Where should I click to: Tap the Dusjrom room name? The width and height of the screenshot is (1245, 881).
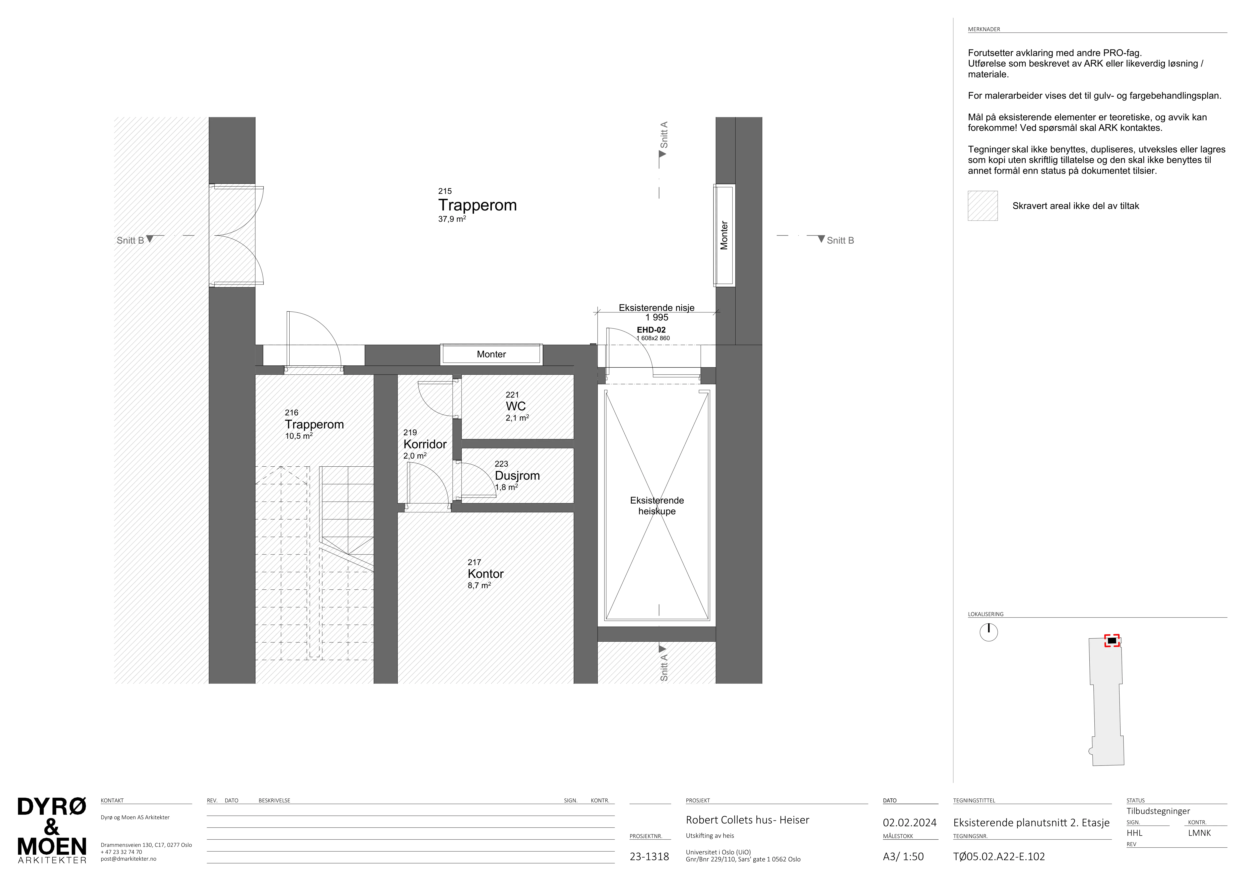tap(517, 476)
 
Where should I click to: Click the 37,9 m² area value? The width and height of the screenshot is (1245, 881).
tap(452, 219)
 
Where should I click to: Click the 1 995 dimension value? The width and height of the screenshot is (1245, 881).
tap(657, 317)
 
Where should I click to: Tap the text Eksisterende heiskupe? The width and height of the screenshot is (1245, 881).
tap(657, 506)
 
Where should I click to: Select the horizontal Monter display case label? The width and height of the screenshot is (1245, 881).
tap(491, 354)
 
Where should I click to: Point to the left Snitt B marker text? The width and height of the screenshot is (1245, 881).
tap(130, 240)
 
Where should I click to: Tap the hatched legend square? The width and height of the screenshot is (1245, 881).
tap(982, 206)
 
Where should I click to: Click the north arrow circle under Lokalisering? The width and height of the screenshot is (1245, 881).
tap(989, 632)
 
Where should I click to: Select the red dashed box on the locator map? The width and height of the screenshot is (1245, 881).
tap(1112, 641)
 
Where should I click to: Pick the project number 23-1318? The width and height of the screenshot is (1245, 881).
tap(649, 857)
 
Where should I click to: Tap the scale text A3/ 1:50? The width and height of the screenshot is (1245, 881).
tap(903, 857)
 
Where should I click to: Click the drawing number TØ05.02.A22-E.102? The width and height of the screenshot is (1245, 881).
tap(999, 857)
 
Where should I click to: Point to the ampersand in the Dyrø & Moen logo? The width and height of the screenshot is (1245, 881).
tap(51, 827)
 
